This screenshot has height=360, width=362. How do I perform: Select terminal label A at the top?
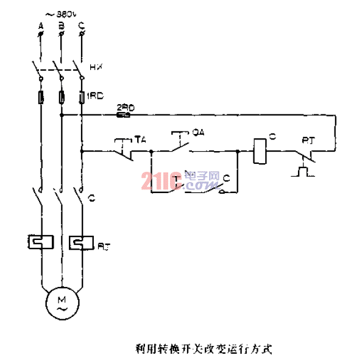pyautogui.click(x=40, y=26)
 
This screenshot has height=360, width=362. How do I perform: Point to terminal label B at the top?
pyautogui.click(x=60, y=26)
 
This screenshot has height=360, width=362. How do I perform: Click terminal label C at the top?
pyautogui.click(x=81, y=26)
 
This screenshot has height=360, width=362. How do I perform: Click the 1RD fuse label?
pyautogui.click(x=96, y=96)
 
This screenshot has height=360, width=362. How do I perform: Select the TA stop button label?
pyautogui.click(x=140, y=139)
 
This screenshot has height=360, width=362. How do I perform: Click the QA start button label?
pyautogui.click(x=197, y=132)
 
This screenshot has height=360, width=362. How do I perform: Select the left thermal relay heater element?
pyautogui.click(x=40, y=241)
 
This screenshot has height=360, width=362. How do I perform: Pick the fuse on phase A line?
pyautogui.click(x=40, y=97)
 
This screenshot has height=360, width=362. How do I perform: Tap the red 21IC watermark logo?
pyautogui.click(x=160, y=182)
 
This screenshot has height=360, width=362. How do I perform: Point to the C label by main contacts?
pyautogui.click(x=91, y=198)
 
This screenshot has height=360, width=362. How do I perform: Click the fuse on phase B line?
pyautogui.click(x=61, y=97)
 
